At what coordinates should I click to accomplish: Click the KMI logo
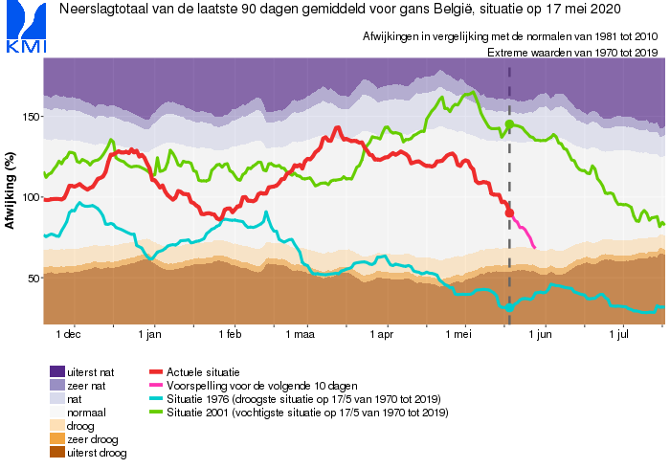tap(26, 27)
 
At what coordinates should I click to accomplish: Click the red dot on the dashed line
tap(509, 212)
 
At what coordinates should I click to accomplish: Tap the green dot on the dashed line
tap(509, 124)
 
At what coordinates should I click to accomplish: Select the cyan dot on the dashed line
tap(509, 307)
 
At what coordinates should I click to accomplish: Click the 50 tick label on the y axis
tap(33, 279)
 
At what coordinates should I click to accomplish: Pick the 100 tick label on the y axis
tap(31, 198)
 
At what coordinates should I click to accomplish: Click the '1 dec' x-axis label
tap(68, 334)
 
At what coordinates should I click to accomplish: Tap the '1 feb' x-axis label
tap(230, 334)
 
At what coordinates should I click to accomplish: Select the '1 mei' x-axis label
tap(458, 334)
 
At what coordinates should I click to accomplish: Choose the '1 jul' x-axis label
tap(618, 334)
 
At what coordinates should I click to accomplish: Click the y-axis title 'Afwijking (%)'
tap(10, 190)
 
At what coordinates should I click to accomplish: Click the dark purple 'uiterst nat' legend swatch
tap(57, 371)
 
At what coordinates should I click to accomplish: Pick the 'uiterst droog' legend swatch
tap(57, 453)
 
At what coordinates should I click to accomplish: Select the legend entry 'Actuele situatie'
tap(203, 372)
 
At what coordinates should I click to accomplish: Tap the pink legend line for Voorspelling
tap(156, 386)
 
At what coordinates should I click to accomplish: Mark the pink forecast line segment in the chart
tap(523, 231)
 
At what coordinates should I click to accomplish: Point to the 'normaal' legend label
tap(86, 413)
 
